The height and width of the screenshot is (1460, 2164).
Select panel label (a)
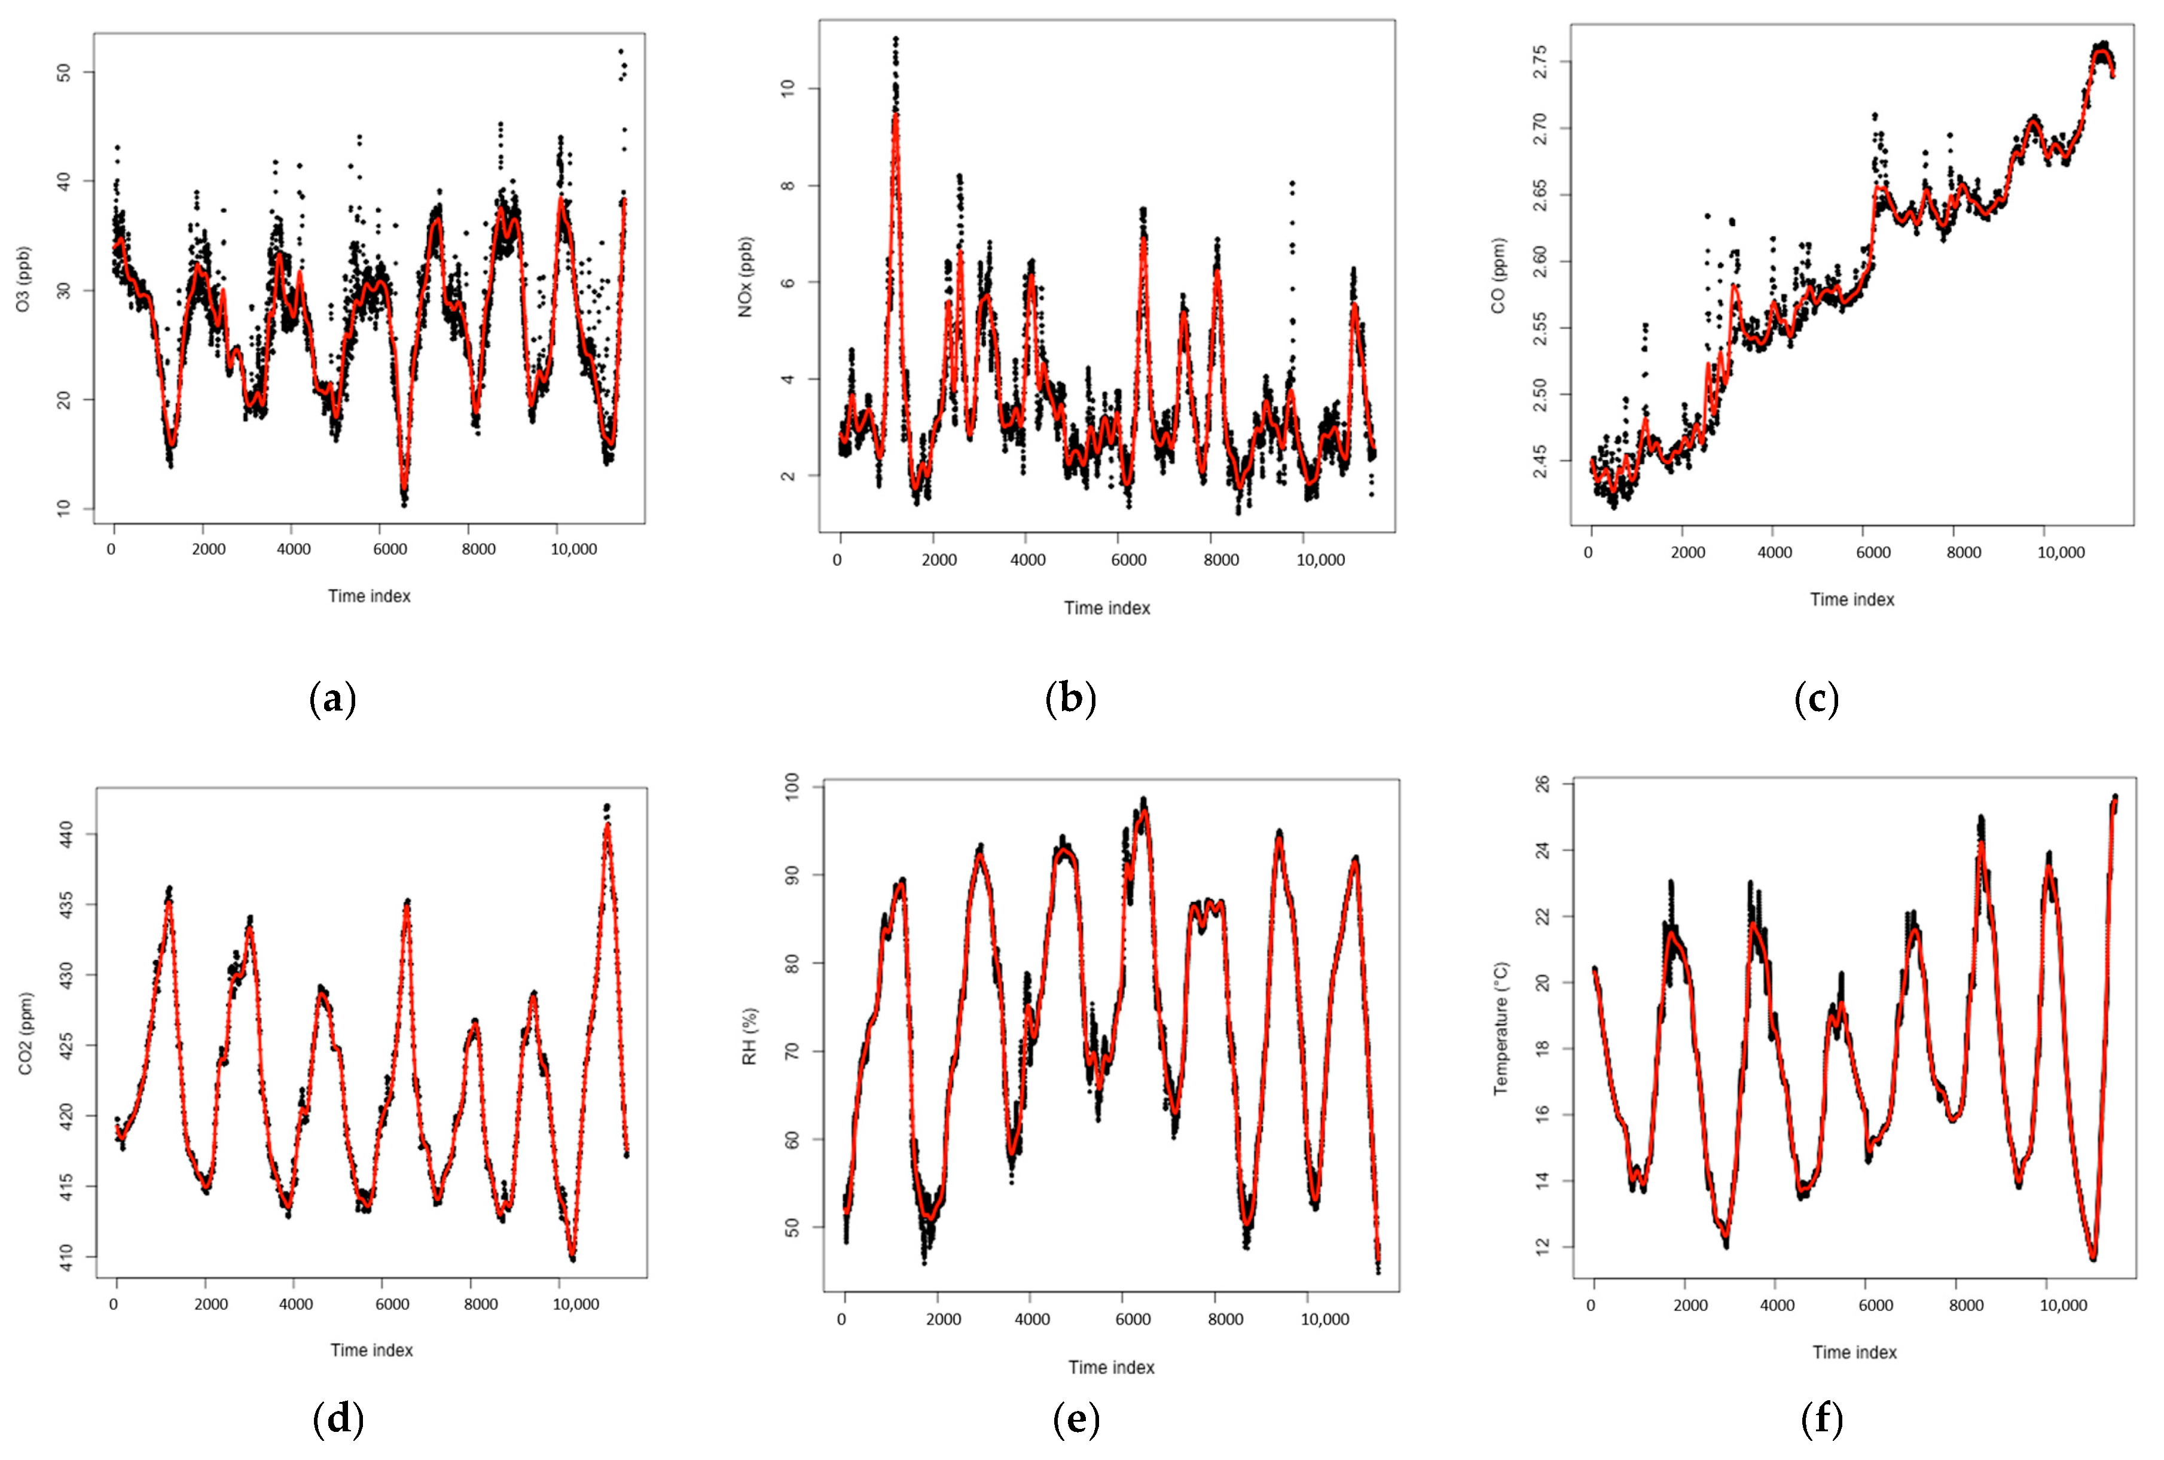[x=332, y=699]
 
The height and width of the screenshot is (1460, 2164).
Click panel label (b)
[x=1070, y=699]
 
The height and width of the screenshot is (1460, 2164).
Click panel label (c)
[x=1816, y=699]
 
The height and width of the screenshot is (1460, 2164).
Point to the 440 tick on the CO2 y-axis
[x=63, y=834]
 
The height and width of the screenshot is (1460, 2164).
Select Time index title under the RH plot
[x=1110, y=1367]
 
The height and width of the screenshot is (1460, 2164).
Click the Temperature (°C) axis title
[x=1500, y=1028]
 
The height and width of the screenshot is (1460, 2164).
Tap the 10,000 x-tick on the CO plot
[x=2061, y=552]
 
